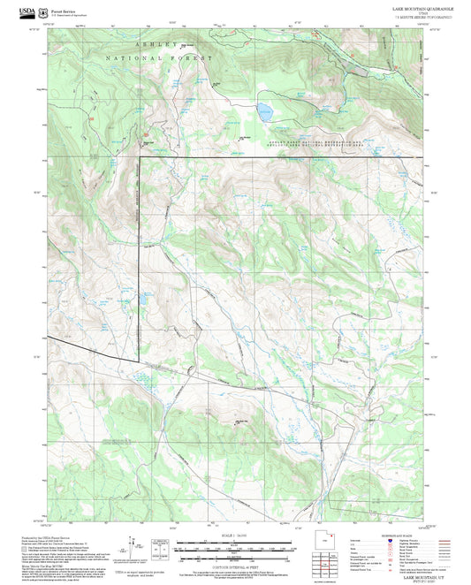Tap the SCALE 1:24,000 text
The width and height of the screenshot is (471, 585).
click(x=234, y=536)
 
